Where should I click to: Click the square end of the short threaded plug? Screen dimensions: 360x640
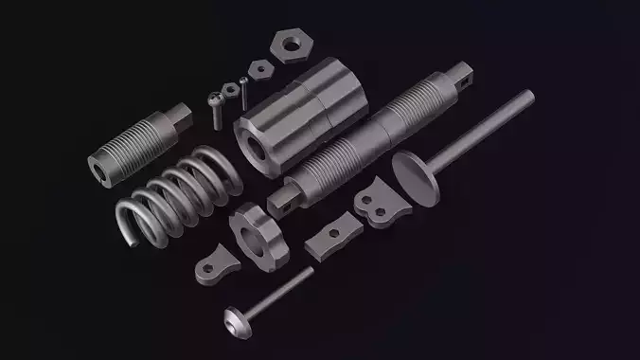point(179,121)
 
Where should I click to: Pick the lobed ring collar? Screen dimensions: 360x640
point(258,232)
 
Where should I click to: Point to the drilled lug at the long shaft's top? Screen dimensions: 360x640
point(465,77)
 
